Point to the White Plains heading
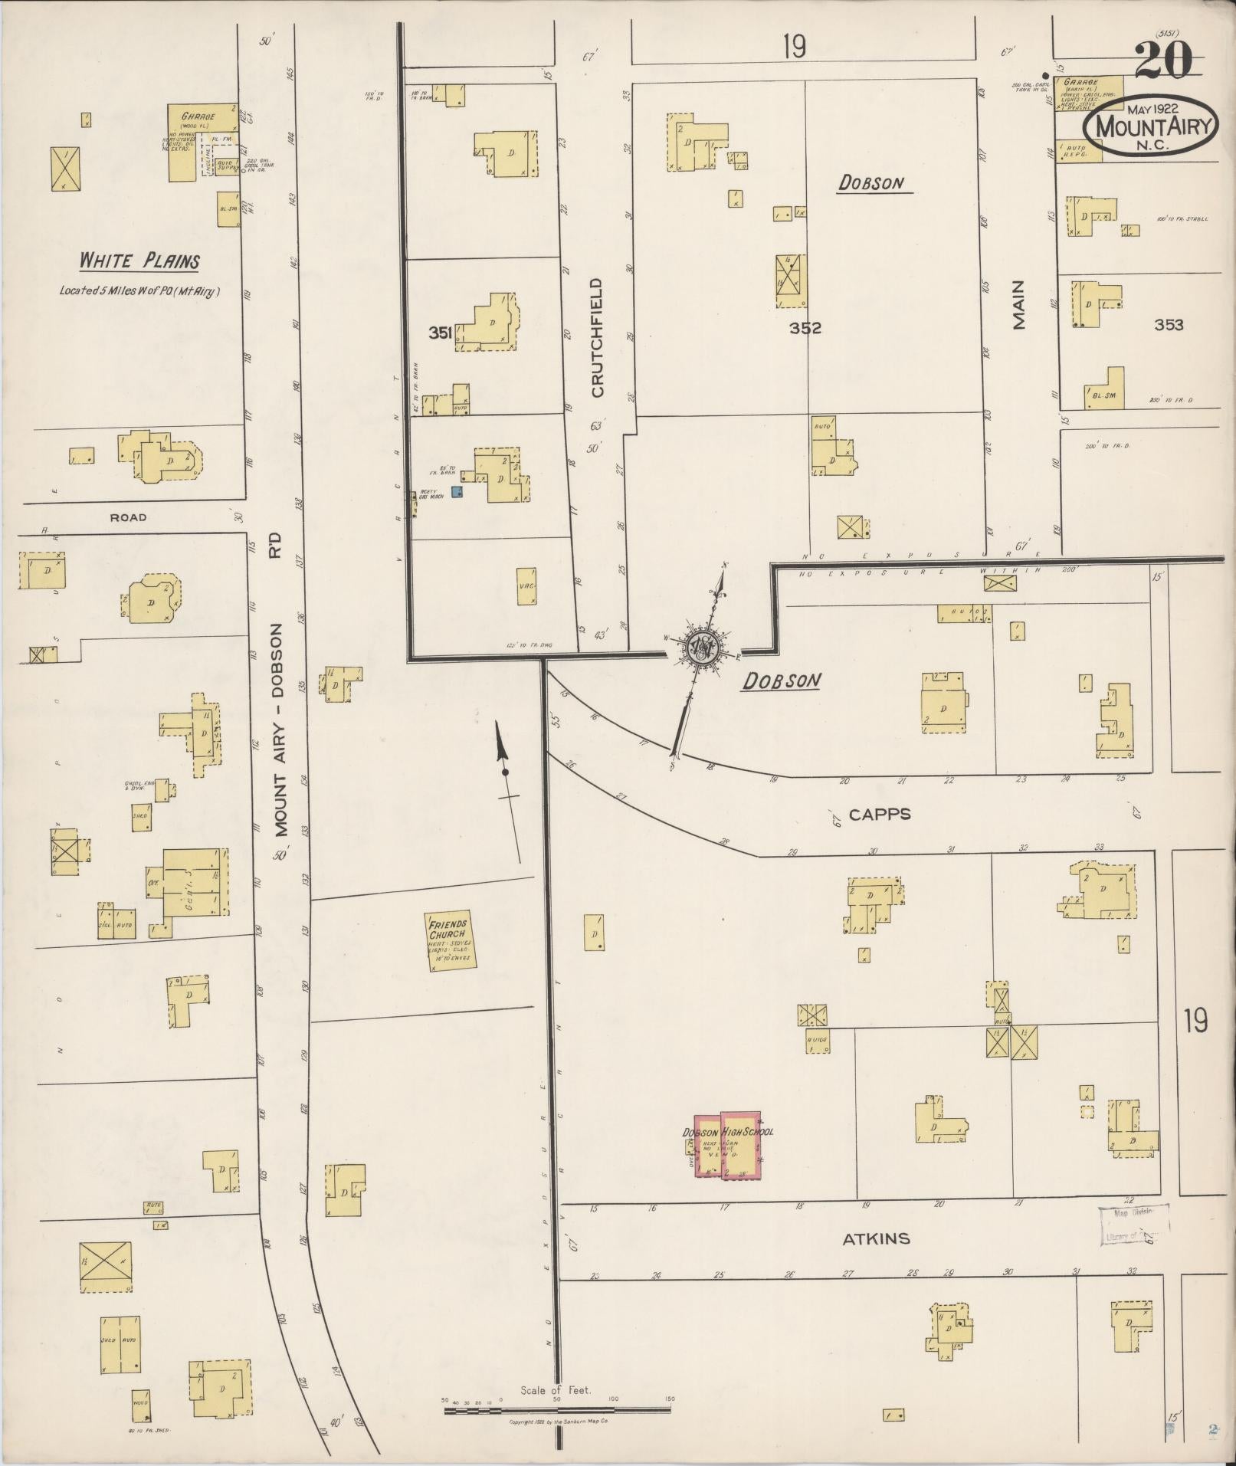139,261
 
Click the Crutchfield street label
598,337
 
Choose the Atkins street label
876,1238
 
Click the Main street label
1018,305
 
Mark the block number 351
440,332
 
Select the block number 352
805,328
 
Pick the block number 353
1169,325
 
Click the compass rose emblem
703,648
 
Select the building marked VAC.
526,586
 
